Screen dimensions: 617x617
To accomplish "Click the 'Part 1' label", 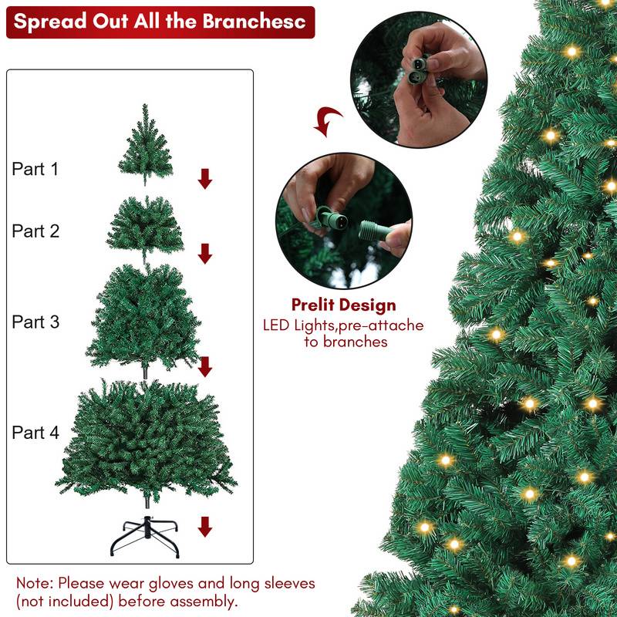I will click(x=35, y=169).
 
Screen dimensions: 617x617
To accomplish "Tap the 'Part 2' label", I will click(x=35, y=231).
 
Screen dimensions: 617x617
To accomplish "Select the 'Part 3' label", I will click(x=35, y=322).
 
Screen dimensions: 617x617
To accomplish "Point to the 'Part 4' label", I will click(x=35, y=433).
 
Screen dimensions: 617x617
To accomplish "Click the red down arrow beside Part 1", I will click(x=204, y=179).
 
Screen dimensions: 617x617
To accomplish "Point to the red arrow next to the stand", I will click(x=204, y=527).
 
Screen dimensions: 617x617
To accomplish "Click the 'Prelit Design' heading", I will click(x=343, y=305).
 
